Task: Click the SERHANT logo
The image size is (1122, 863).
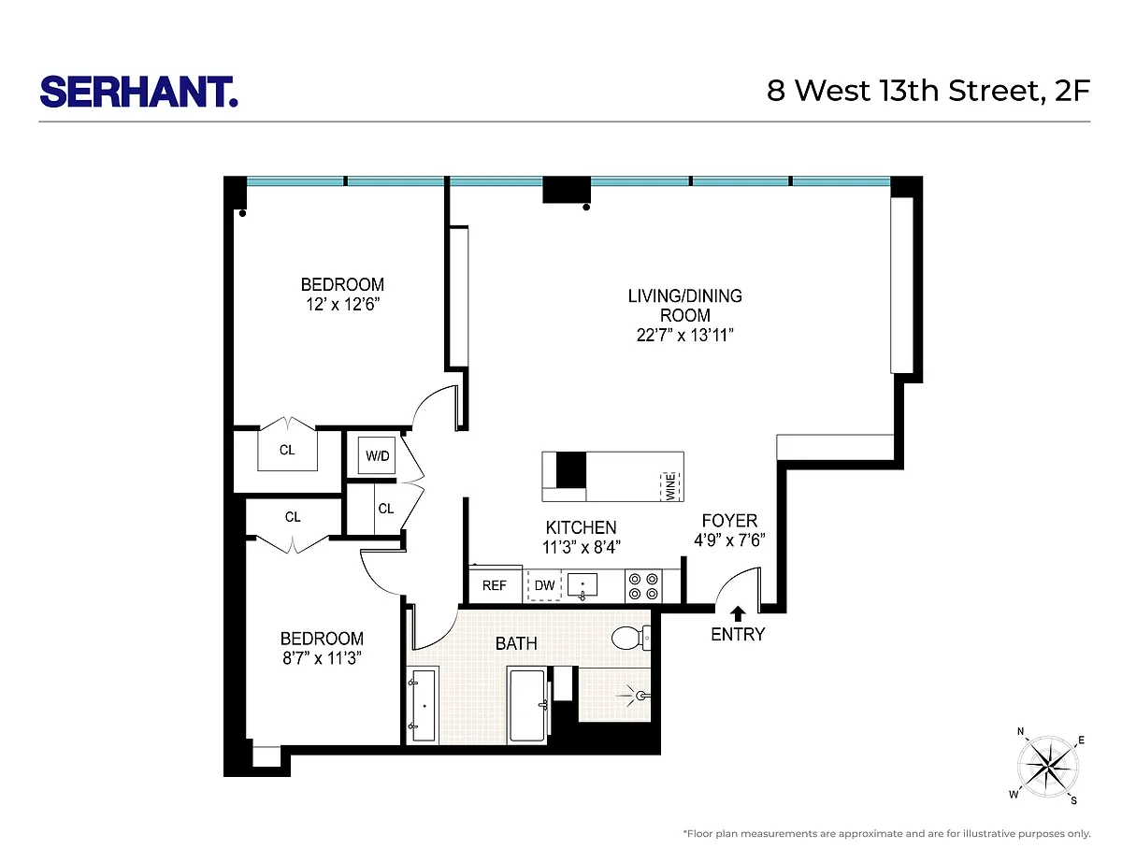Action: click(138, 92)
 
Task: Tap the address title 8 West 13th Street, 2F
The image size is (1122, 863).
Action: click(928, 91)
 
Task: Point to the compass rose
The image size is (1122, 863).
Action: click(1047, 767)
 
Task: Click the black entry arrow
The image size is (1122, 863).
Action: click(738, 613)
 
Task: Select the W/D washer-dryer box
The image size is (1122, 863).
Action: click(377, 455)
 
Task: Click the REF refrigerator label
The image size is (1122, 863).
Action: click(494, 585)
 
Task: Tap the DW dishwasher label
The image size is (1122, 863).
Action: click(544, 585)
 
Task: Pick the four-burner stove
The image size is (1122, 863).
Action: click(643, 586)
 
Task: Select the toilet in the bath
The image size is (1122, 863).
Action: click(631, 638)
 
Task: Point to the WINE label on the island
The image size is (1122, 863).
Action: click(670, 486)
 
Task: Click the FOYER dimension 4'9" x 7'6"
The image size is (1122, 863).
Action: click(729, 540)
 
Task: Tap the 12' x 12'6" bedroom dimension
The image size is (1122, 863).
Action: click(343, 304)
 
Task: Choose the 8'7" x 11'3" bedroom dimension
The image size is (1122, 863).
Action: click(322, 658)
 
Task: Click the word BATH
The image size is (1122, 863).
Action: click(516, 643)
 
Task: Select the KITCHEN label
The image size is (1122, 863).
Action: click(581, 527)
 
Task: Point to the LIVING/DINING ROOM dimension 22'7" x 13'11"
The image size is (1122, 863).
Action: click(684, 336)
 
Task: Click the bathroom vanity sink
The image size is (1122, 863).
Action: click(424, 706)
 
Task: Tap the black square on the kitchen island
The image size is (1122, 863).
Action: click(571, 469)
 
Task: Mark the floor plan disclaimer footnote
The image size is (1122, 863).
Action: click(886, 833)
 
